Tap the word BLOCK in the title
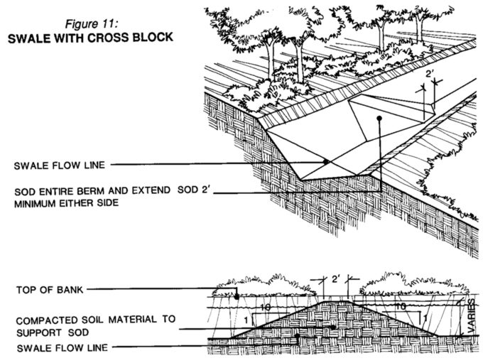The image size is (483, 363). pos(151,37)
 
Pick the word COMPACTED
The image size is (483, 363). pos(44,320)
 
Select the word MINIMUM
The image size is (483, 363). pos(38,203)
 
